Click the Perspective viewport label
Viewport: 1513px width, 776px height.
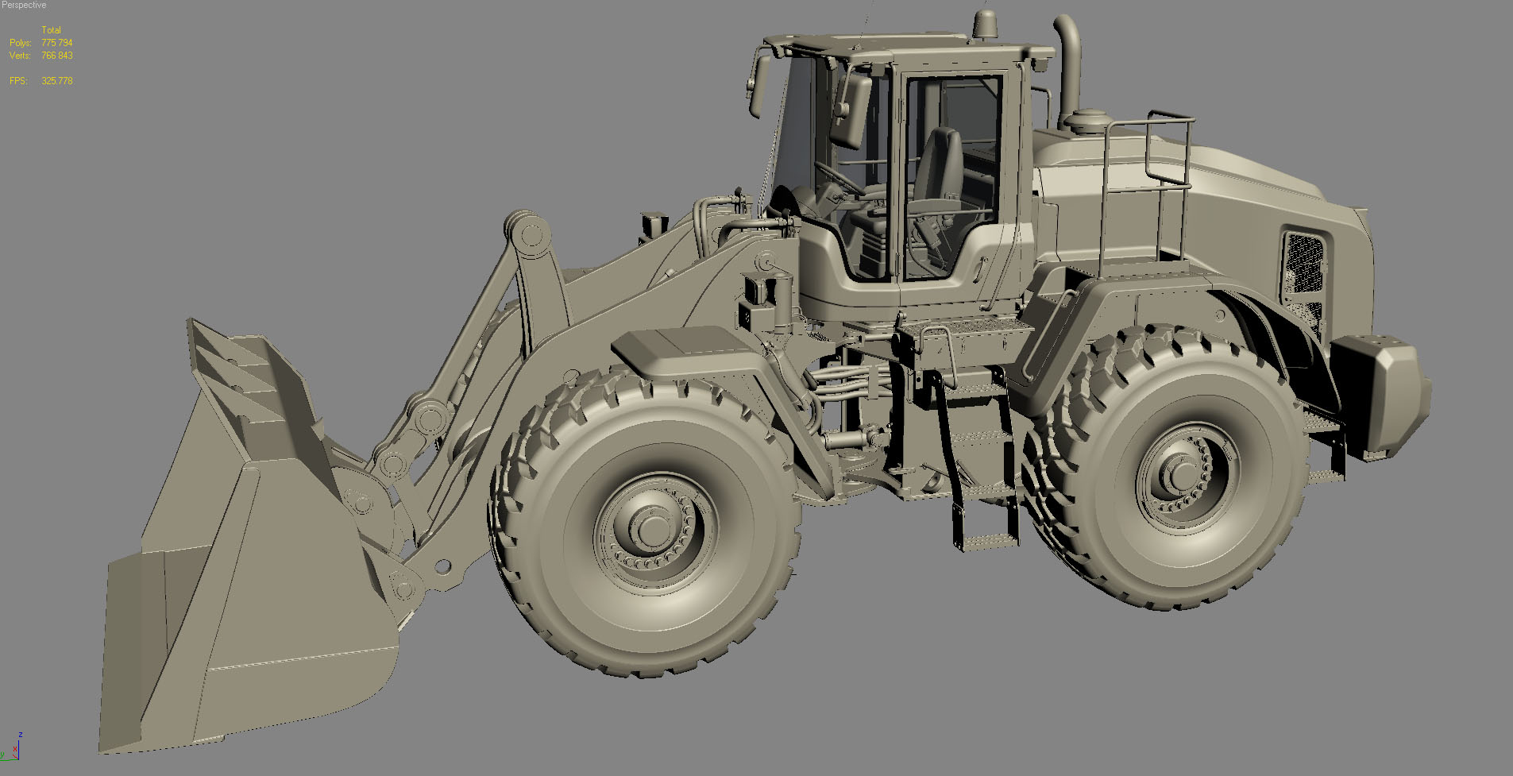(24, 5)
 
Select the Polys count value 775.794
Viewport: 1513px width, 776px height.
(56, 43)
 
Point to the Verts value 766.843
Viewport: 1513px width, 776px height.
(56, 56)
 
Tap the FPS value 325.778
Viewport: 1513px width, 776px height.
(56, 81)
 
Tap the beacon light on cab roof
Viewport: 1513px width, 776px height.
(985, 28)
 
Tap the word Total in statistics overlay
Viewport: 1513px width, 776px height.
(51, 30)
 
